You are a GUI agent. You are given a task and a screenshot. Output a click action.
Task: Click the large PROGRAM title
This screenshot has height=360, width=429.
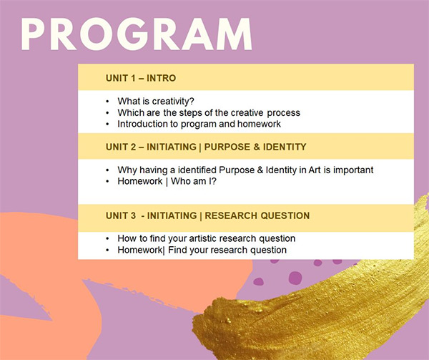(137, 34)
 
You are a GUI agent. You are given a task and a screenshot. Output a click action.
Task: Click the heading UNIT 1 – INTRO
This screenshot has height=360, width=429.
(141, 78)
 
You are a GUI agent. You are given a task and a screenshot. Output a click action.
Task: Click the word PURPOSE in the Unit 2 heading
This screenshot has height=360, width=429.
(227, 147)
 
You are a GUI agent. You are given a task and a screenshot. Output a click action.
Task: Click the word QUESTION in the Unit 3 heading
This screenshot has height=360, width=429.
(285, 215)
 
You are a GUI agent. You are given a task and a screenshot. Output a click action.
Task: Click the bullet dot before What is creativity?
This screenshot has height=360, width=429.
(107, 102)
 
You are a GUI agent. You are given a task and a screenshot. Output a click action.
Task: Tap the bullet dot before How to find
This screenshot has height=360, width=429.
(107, 239)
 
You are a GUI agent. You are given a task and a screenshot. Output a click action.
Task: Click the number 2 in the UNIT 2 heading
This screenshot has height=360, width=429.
(133, 147)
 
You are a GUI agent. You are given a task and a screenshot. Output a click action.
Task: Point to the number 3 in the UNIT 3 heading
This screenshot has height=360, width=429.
(133, 215)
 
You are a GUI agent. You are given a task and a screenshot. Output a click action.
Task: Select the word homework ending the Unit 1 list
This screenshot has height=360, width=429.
(259, 124)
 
